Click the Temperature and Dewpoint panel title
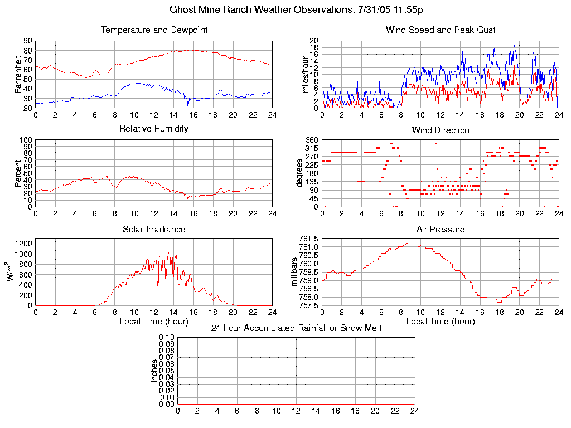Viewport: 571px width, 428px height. pos(154,30)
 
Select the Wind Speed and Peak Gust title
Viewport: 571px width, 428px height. pos(441,30)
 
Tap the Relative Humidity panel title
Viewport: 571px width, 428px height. pos(154,129)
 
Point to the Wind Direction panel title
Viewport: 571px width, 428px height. pos(441,130)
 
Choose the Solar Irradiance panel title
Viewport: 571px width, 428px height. pos(154,229)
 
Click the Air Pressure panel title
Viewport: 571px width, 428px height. pos(441,229)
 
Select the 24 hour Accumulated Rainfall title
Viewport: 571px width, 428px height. pos(296,328)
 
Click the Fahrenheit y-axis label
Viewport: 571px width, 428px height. pos(18,75)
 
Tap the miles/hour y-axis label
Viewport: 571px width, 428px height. pos(305,75)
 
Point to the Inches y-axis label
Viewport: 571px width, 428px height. pos(154,371)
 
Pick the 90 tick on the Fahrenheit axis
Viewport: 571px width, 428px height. pos(27,41)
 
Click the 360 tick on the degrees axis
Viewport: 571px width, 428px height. pos(311,140)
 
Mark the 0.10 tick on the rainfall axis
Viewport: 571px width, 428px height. pos(167,338)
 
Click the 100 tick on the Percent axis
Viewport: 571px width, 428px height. pos(26,140)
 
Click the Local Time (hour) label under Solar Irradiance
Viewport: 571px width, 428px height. pos(154,322)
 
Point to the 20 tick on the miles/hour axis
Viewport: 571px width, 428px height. pos(314,41)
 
